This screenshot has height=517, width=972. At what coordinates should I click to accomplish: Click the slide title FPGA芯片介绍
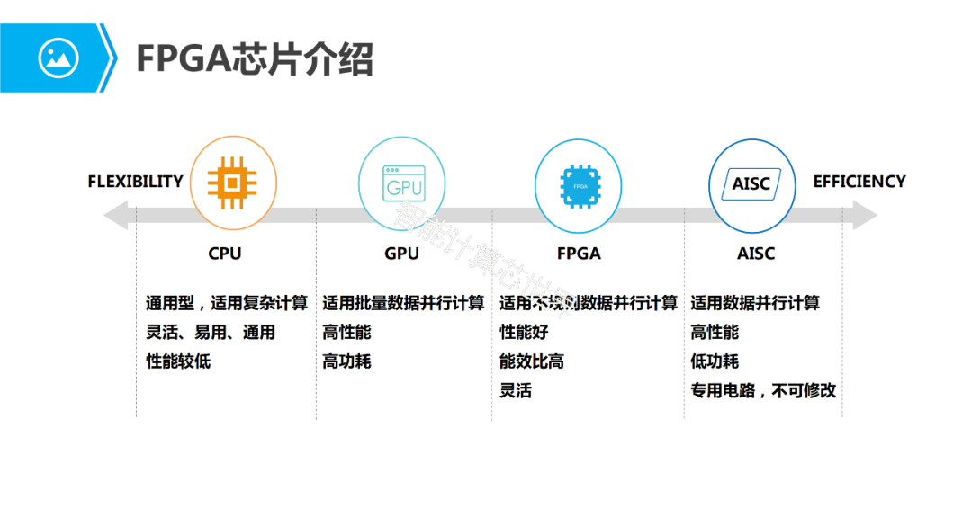click(254, 59)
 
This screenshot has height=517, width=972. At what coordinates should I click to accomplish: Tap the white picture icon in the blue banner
click(58, 58)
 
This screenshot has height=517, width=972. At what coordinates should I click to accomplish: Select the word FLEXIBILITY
click(135, 182)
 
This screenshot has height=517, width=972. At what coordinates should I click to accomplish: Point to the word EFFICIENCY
click(859, 182)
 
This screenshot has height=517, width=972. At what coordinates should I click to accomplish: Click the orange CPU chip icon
click(232, 183)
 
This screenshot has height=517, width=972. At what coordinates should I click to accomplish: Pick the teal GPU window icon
click(402, 183)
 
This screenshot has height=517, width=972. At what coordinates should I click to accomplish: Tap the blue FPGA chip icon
click(578, 183)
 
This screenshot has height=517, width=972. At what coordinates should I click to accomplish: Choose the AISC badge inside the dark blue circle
click(751, 183)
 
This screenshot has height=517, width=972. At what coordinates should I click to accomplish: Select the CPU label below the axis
click(225, 254)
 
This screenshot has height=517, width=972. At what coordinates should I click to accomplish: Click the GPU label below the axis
click(401, 254)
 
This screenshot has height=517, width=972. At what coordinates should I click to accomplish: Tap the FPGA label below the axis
click(579, 254)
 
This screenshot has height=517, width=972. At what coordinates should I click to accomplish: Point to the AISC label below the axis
click(755, 254)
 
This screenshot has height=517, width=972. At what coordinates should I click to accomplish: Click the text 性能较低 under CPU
click(178, 362)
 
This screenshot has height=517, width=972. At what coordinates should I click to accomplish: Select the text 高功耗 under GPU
click(346, 362)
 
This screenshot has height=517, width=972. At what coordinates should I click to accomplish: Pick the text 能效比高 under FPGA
click(532, 362)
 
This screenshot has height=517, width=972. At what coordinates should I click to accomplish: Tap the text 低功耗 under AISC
click(715, 362)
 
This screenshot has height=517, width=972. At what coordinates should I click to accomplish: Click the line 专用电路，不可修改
click(763, 391)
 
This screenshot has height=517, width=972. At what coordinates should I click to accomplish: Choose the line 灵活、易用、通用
click(211, 333)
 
